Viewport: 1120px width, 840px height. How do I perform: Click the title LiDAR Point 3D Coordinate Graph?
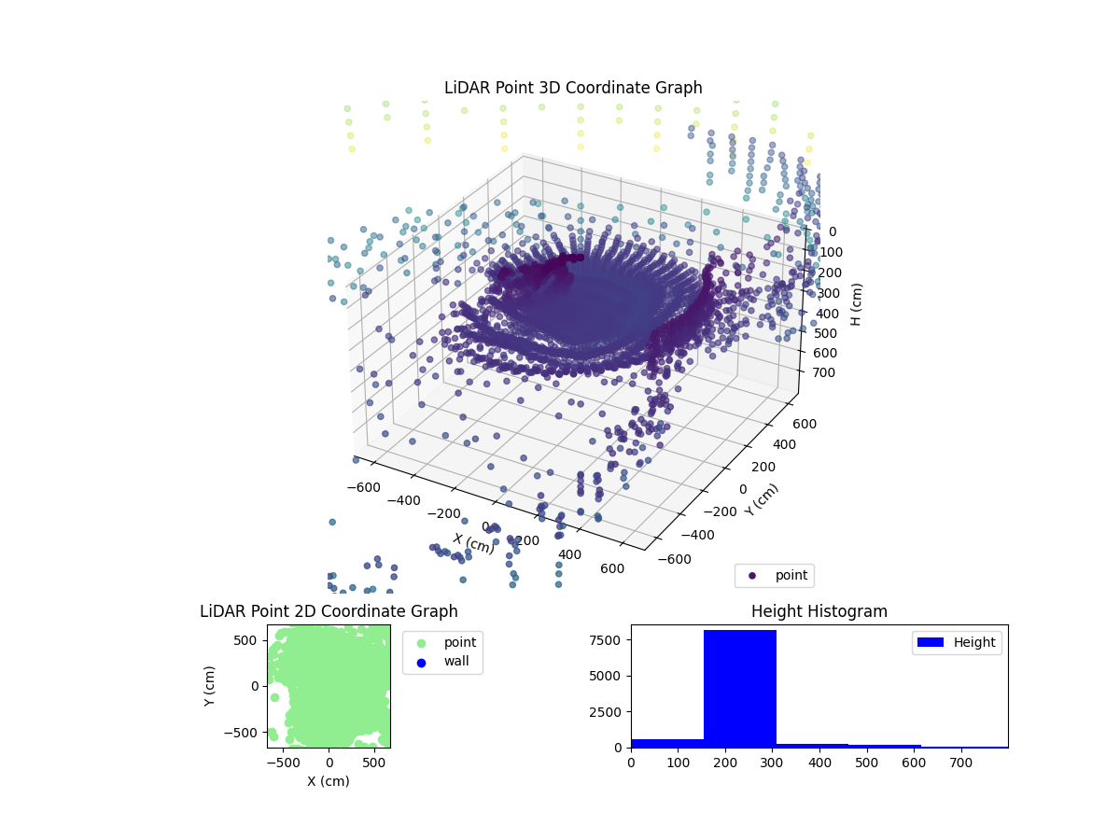click(x=573, y=88)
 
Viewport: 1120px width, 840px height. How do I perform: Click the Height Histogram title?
click(x=819, y=611)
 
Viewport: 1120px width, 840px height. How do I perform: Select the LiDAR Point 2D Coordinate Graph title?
click(x=329, y=611)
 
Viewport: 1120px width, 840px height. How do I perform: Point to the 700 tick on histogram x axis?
click(x=960, y=763)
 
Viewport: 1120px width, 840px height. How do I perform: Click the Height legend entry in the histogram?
click(x=957, y=642)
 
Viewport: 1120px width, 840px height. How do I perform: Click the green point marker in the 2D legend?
click(x=421, y=642)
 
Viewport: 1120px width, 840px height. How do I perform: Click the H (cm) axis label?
click(x=855, y=303)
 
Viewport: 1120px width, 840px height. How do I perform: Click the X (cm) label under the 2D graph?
click(x=329, y=781)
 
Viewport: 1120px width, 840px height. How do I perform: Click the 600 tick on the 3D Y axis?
click(x=805, y=424)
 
